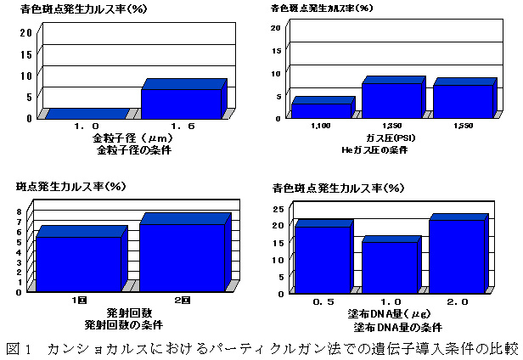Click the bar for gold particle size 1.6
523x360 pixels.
pyautogui.click(x=182, y=102)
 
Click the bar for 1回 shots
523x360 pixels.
pyautogui.click(x=78, y=263)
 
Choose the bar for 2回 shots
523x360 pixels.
pyautogui.click(x=183, y=257)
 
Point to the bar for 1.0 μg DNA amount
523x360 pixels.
pyautogui.click(x=391, y=266)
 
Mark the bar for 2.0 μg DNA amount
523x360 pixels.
pyautogui.click(x=456, y=255)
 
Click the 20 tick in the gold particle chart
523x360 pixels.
pyautogui.click(x=25, y=32)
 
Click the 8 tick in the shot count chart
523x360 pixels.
pyautogui.click(x=20, y=212)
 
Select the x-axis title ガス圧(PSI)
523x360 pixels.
pyautogui.click(x=391, y=138)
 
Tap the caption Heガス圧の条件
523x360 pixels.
pyautogui.click(x=390, y=149)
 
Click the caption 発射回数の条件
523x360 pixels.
pyautogui.click(x=124, y=325)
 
